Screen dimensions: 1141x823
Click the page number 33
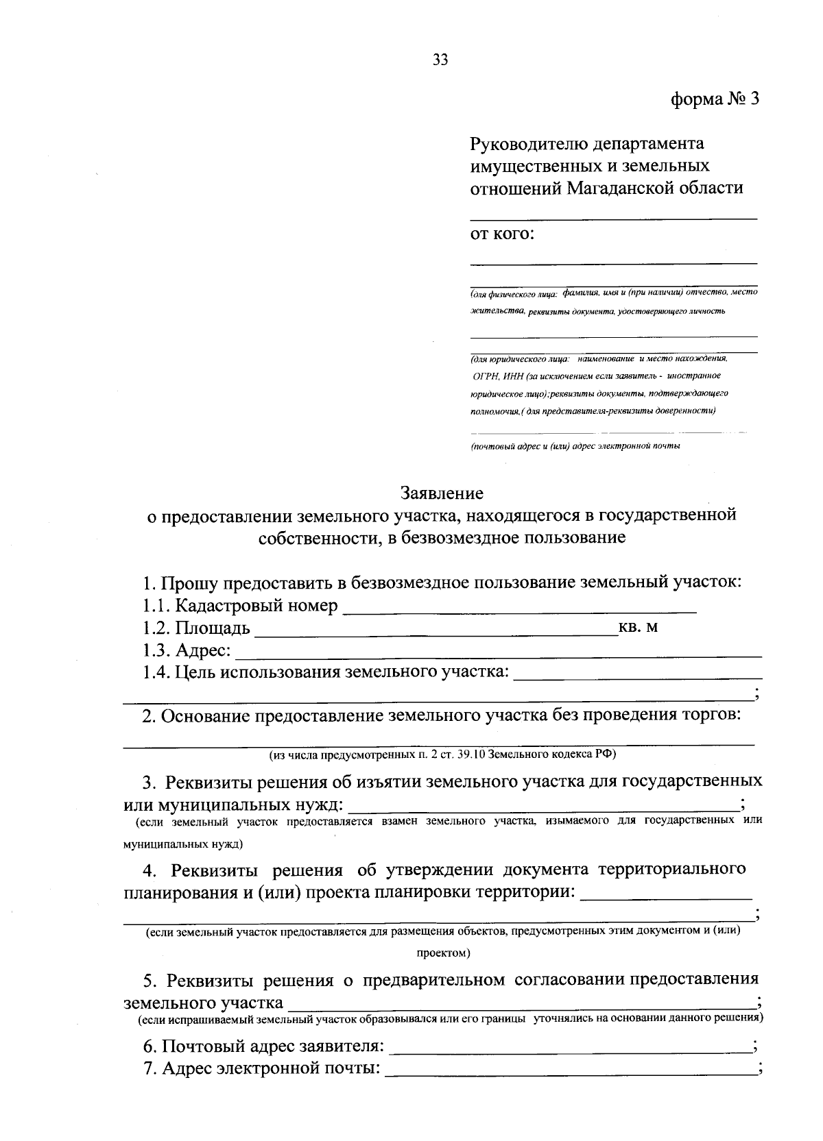[440, 60]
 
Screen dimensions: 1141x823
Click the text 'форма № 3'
[715, 99]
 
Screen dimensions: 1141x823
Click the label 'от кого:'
[501, 234]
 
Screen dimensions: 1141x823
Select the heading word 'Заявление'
[442, 493]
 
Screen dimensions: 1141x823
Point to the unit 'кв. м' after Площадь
[639, 627]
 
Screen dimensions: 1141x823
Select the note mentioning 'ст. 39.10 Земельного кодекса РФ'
[442, 754]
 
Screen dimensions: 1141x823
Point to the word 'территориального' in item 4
[672, 870]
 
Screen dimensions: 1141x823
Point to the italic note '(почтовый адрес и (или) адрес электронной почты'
[575, 446]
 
